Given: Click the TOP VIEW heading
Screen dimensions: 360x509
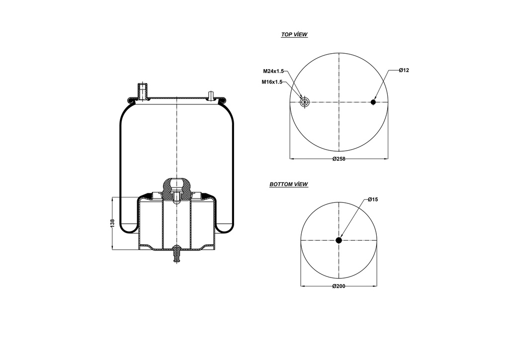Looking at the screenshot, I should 294,35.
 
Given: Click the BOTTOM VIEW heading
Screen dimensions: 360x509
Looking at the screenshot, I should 288,184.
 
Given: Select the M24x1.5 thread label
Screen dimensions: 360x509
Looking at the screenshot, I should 273,71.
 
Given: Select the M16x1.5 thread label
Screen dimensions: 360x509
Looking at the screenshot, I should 272,82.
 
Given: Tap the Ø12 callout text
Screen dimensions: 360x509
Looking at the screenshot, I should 404,71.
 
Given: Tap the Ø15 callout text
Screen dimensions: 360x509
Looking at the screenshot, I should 373,199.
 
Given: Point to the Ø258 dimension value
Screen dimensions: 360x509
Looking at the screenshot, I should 339,159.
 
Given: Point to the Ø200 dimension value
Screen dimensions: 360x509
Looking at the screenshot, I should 339,286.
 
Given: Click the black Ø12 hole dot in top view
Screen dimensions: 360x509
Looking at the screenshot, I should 373,102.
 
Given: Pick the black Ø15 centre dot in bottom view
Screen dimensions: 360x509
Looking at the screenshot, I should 339,240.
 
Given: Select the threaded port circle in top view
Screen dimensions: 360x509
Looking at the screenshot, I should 305,102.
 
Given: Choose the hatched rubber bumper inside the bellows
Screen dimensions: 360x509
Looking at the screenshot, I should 176,189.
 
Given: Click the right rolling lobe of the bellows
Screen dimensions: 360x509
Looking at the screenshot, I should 225,226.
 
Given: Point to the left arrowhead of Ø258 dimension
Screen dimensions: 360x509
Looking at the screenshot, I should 291,159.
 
